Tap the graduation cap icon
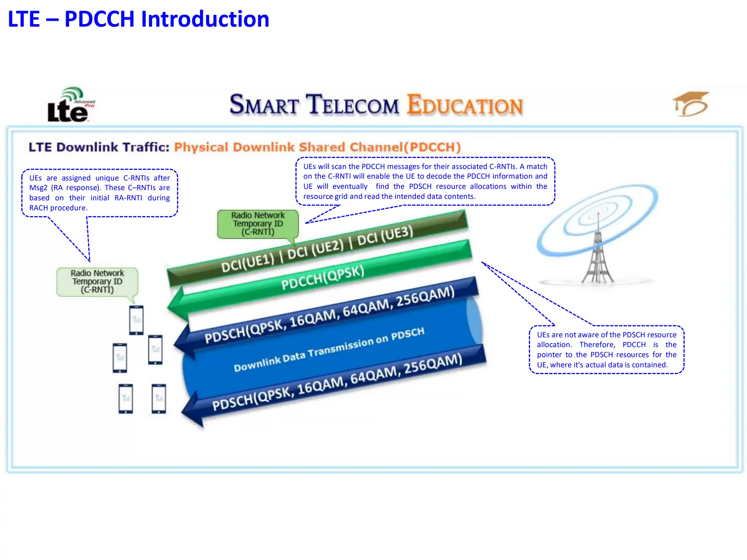pos(690,104)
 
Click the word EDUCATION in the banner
pos(465,105)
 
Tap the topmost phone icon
pos(136,320)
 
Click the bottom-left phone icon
pos(126,398)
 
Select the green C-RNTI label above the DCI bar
pos(258,223)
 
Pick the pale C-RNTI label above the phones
pos(97,281)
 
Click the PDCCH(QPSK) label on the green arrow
pos(323,277)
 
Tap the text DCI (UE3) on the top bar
pos(385,235)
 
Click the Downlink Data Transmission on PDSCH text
pos(329,350)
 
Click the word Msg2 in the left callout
pos(38,188)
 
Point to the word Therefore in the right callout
pos(597,345)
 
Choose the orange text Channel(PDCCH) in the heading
pos(405,147)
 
